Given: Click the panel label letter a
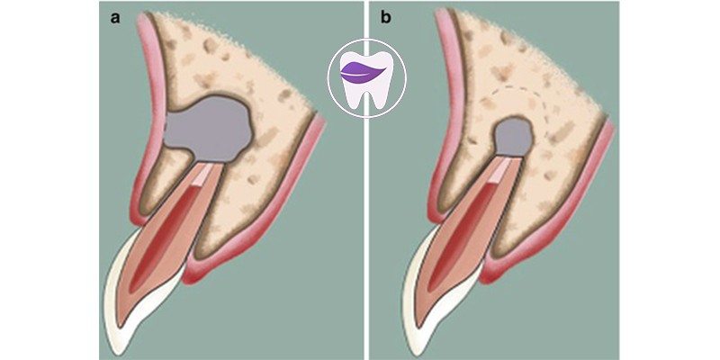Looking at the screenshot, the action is [x=114, y=18].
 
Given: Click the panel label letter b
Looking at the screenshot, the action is [x=386, y=18].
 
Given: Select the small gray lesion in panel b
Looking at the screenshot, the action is [x=514, y=136].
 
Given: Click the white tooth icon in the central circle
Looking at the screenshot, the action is [x=366, y=80].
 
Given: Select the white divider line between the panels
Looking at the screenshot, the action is [x=366, y=180].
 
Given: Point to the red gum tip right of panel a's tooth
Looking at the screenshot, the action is [x=193, y=274].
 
